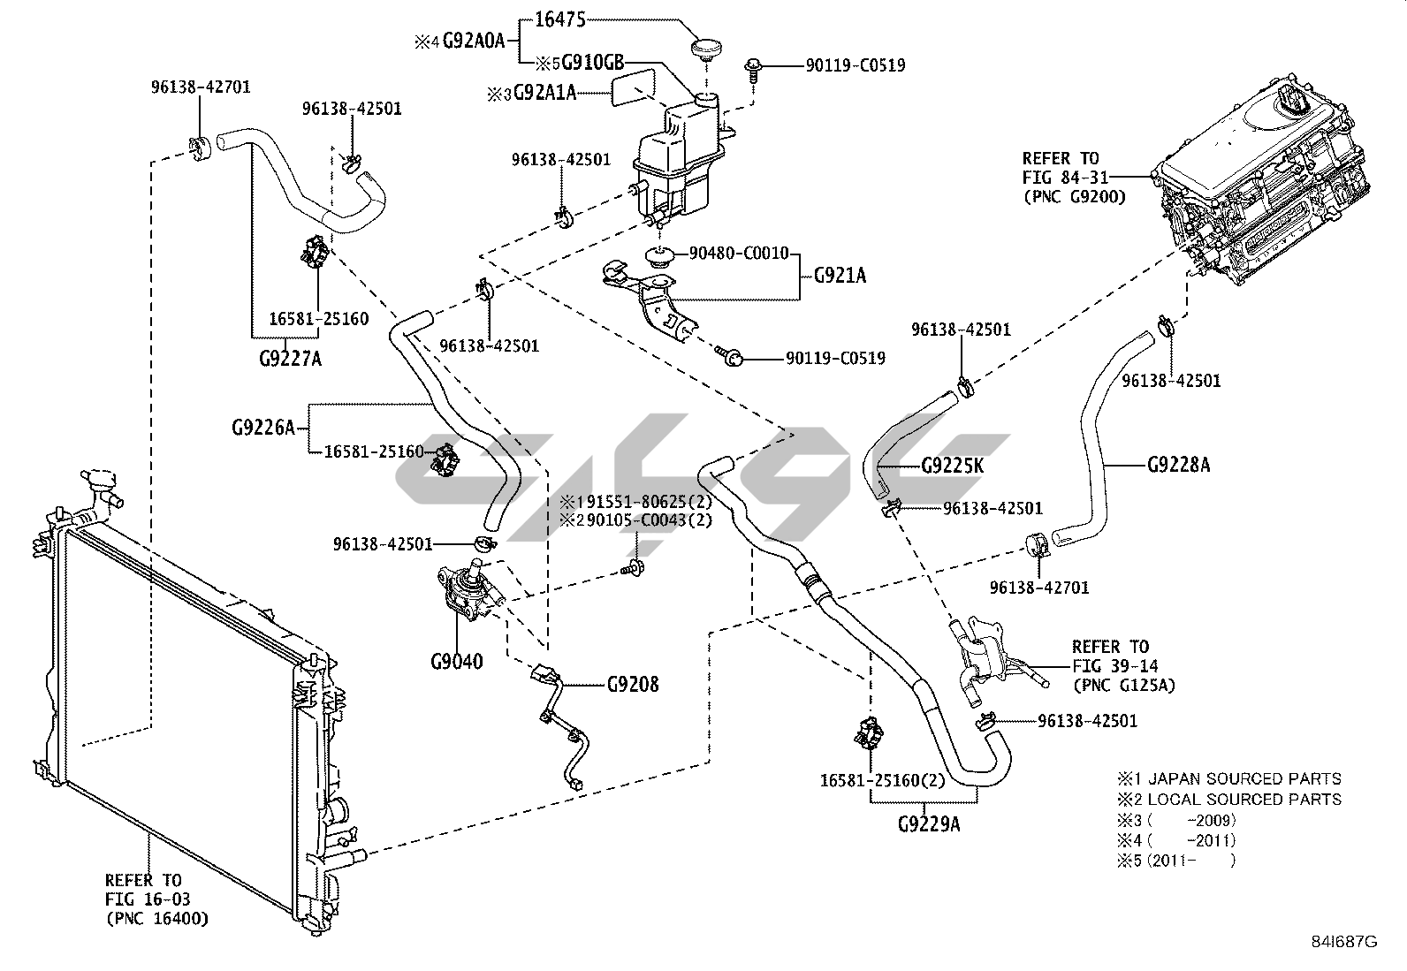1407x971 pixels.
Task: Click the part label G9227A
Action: coord(290,359)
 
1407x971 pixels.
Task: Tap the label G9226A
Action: coord(263,428)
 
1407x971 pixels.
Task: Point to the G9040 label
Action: coord(457,661)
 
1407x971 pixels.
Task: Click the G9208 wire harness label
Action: coord(633,684)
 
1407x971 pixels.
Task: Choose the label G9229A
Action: coord(929,824)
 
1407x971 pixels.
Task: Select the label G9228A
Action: coord(1178,464)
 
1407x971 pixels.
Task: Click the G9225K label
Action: coord(952,466)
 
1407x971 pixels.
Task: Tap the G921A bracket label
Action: coord(839,276)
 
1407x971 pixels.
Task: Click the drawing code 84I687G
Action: coord(1344,942)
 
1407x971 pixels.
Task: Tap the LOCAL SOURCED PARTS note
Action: coord(1244,800)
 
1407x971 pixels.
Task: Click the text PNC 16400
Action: coord(157,919)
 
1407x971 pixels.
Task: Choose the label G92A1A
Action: coord(544,91)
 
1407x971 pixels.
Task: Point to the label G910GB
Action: coord(593,62)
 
